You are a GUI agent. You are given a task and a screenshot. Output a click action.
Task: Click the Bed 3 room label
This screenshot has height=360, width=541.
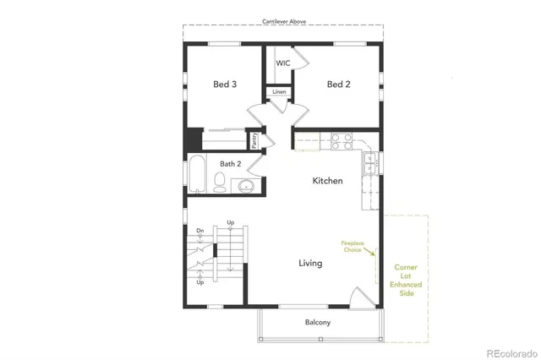224,85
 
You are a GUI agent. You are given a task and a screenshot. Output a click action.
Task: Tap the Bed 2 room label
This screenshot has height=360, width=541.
338,85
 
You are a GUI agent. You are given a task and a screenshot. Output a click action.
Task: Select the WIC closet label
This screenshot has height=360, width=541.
282,63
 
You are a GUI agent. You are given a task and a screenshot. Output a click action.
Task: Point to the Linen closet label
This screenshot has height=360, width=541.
279,91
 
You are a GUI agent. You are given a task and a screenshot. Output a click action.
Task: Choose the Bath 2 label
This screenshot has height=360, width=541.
231,164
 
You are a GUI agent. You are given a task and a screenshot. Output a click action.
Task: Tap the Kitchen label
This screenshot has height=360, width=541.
327,181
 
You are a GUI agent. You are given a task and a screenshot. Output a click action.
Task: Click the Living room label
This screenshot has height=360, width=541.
310,263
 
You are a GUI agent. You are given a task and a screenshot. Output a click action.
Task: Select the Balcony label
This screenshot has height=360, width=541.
318,322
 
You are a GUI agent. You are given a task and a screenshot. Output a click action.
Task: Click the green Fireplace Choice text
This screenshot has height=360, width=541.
352,246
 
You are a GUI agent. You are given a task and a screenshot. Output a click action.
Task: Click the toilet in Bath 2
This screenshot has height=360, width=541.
220,182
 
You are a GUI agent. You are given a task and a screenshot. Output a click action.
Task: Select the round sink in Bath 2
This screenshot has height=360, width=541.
247,185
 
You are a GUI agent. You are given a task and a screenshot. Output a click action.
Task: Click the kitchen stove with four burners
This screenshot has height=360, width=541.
341,141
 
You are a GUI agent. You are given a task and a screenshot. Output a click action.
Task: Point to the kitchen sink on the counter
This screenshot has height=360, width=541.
369,162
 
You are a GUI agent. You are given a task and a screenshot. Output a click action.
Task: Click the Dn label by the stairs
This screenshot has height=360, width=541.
200,231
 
